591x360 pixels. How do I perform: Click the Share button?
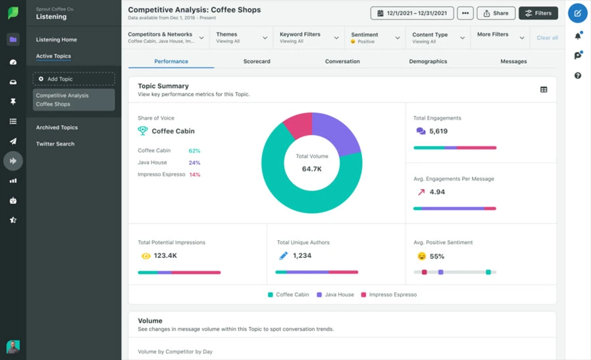tap(496, 13)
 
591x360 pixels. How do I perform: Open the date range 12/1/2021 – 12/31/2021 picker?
tap(412, 13)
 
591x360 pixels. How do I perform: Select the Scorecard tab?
tap(257, 61)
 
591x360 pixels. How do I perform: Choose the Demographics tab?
tap(428, 61)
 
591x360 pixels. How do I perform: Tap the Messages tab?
tap(513, 61)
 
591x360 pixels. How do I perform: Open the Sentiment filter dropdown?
tap(374, 38)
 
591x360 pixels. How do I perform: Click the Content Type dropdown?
tap(438, 38)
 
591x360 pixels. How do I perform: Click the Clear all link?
tap(547, 38)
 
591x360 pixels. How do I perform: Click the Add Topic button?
tap(74, 79)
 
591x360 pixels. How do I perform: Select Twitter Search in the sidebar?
tap(55, 144)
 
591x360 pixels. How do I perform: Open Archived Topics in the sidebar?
tap(57, 128)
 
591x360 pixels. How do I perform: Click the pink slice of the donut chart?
tap(299, 125)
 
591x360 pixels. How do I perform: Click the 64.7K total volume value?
tap(311, 169)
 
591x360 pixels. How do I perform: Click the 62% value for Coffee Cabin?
tap(194, 151)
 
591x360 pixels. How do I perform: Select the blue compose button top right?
tap(577, 13)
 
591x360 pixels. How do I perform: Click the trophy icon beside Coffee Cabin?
tap(143, 131)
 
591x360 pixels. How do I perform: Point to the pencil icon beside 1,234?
tap(283, 255)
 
